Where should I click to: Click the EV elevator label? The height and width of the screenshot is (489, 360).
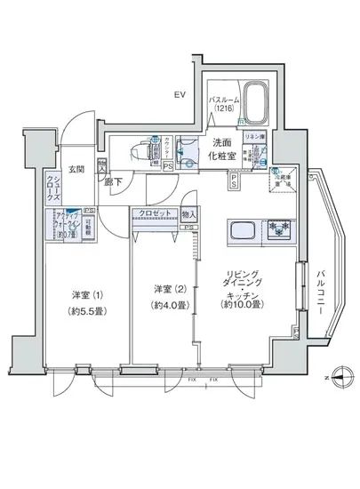coord(179,94)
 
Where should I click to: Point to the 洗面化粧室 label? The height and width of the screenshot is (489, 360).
coord(222,150)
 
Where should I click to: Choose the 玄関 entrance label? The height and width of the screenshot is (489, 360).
coord(78,170)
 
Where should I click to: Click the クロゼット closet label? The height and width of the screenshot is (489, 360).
coord(154,214)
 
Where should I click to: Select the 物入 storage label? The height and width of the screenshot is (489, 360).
coord(188,213)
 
